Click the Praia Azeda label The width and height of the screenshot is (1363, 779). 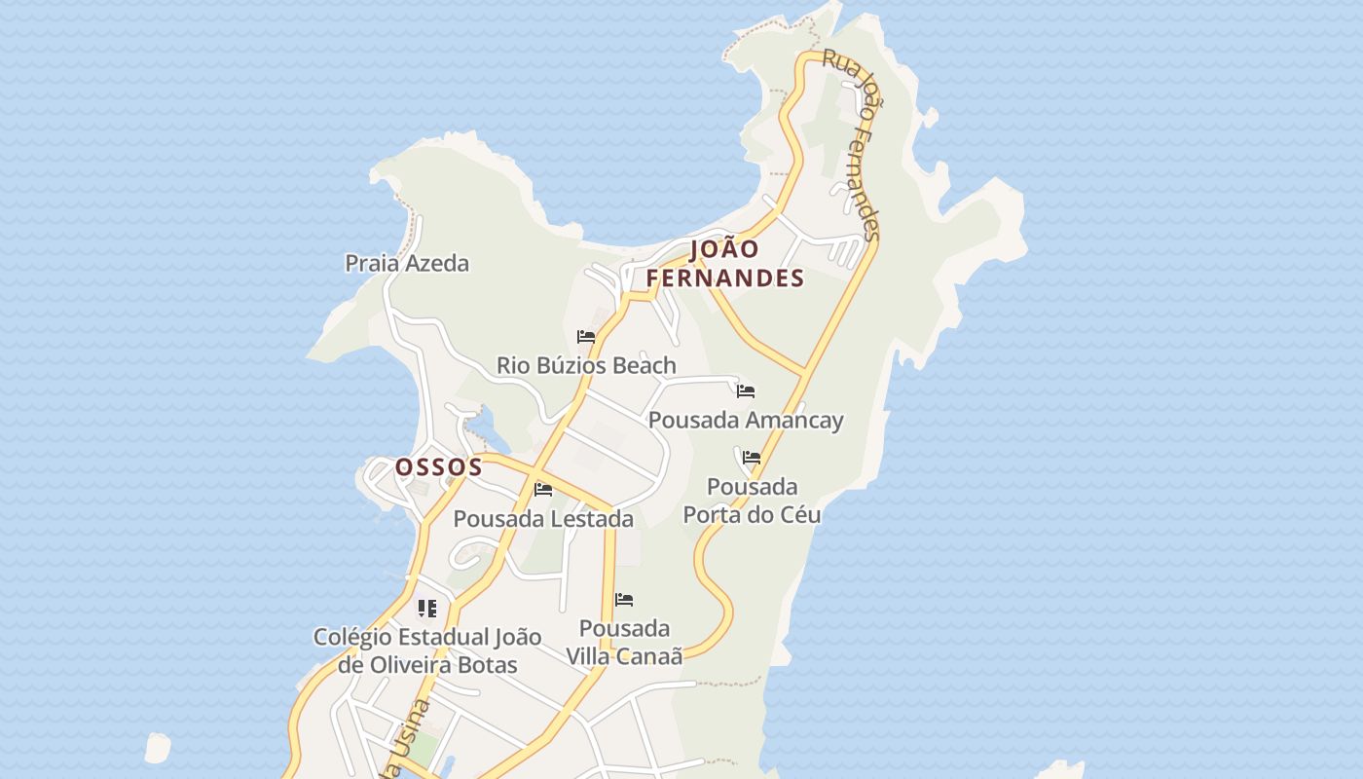coord(407,263)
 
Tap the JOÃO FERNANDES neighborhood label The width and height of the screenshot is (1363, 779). coord(725,264)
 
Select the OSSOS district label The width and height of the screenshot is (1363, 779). coord(439,467)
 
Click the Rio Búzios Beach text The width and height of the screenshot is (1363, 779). coord(586,366)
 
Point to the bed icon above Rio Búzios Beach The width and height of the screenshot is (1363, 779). coord(586,337)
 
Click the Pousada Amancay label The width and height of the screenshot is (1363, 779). coord(746,421)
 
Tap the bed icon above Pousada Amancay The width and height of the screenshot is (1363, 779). coord(746,391)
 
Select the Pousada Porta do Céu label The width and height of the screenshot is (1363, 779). coord(752,501)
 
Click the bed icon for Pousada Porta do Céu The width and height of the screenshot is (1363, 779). coord(752,457)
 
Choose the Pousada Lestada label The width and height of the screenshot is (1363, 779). coord(543,519)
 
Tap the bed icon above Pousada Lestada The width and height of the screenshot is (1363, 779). coord(543,489)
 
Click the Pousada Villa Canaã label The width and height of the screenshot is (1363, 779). coord(624,642)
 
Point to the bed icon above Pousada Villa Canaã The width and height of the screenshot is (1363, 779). coord(624,600)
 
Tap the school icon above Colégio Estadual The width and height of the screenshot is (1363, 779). coord(426,609)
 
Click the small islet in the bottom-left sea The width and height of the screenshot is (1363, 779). coord(157,748)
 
